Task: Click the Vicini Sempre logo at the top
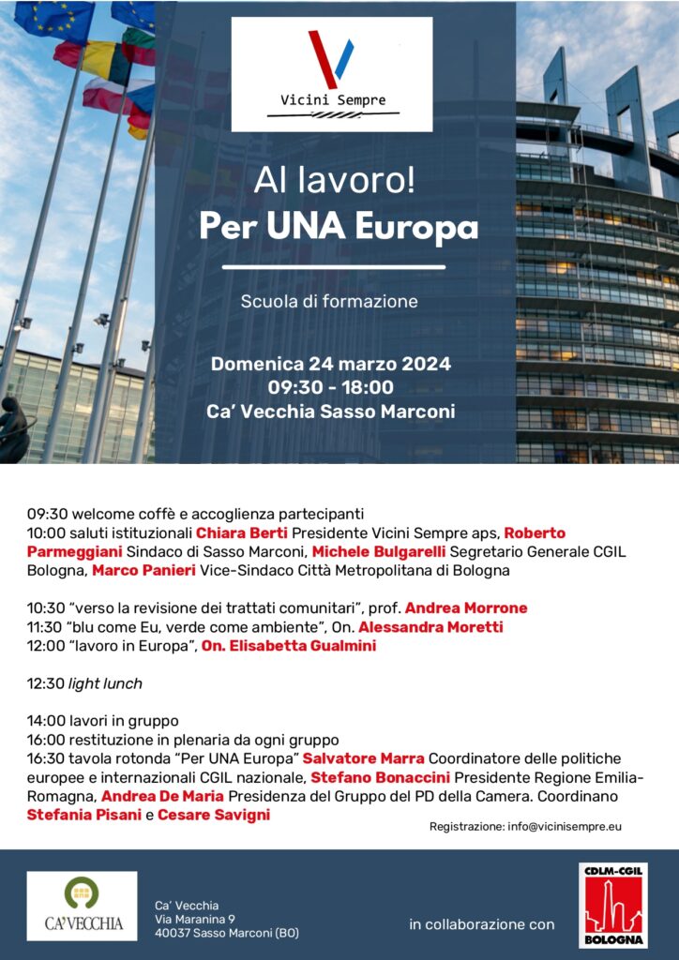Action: pyautogui.click(x=332, y=74)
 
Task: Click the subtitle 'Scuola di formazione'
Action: pyautogui.click(x=329, y=302)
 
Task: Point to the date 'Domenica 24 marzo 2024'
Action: pyautogui.click(x=331, y=364)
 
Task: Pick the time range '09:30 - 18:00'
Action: pyautogui.click(x=331, y=387)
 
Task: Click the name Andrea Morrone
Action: pyautogui.click(x=466, y=607)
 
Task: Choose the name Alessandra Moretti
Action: pyautogui.click(x=430, y=626)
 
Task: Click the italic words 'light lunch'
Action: pyautogui.click(x=105, y=683)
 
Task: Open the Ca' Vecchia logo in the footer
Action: pyautogui.click(x=82, y=906)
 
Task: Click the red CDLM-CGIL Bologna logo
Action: pyautogui.click(x=612, y=906)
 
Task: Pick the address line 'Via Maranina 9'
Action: pyautogui.click(x=195, y=919)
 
